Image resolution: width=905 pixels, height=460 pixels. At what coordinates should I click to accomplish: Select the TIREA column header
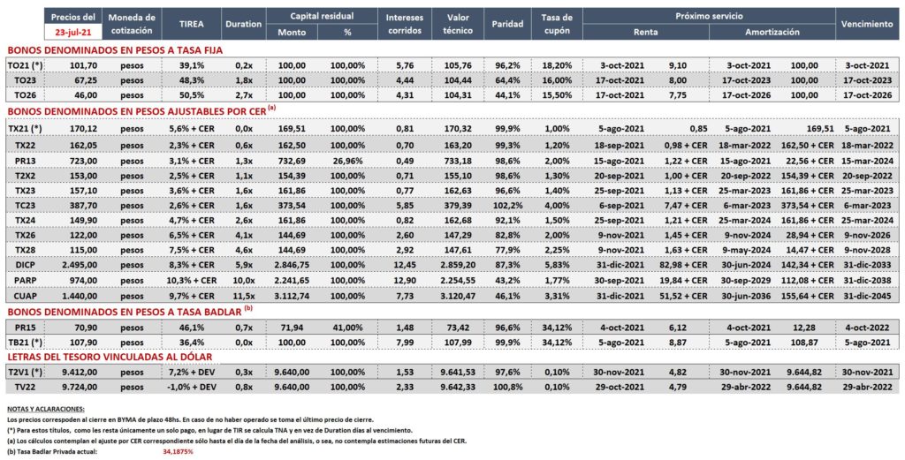tap(191, 24)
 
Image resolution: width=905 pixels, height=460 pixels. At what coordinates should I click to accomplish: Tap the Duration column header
tap(244, 24)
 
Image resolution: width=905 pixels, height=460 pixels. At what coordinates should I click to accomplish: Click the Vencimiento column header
tap(867, 24)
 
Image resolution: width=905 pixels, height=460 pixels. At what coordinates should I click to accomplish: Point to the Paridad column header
tap(507, 24)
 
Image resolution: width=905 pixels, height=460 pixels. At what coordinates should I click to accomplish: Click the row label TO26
tap(19, 94)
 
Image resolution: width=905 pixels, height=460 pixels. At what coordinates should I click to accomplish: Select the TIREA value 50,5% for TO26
tap(191, 94)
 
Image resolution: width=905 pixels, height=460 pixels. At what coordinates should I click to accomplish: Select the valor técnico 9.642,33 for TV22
tap(458, 388)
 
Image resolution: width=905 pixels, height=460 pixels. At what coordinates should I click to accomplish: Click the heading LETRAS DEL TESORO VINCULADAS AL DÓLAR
tap(109, 357)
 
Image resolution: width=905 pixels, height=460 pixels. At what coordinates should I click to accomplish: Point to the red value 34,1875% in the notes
tap(178, 452)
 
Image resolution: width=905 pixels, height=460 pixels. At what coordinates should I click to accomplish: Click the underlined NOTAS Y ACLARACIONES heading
tap(45, 409)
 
